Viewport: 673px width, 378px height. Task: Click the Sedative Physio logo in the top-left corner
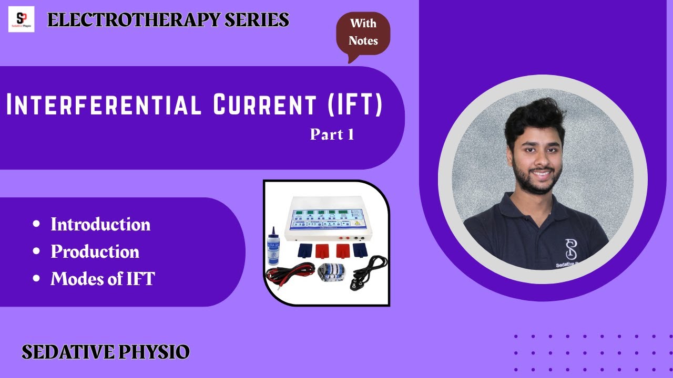point(21,19)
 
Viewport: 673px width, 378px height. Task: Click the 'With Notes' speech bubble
point(363,33)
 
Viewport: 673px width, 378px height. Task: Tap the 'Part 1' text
point(332,134)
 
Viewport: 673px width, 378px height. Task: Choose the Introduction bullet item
point(100,225)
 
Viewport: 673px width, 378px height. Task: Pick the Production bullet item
point(95,252)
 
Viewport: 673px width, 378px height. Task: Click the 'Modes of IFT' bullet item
point(103,279)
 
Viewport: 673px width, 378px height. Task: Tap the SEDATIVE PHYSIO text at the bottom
point(105,352)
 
